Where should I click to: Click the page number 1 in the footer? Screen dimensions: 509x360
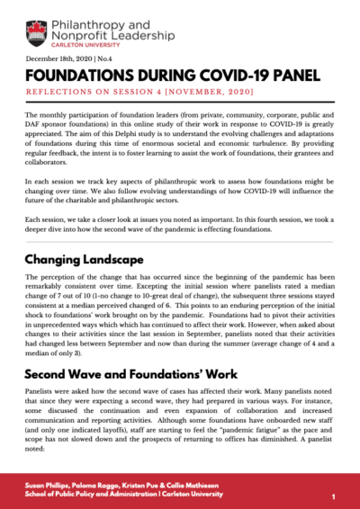[333, 496]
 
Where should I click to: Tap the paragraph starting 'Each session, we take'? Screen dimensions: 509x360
[180, 221]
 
